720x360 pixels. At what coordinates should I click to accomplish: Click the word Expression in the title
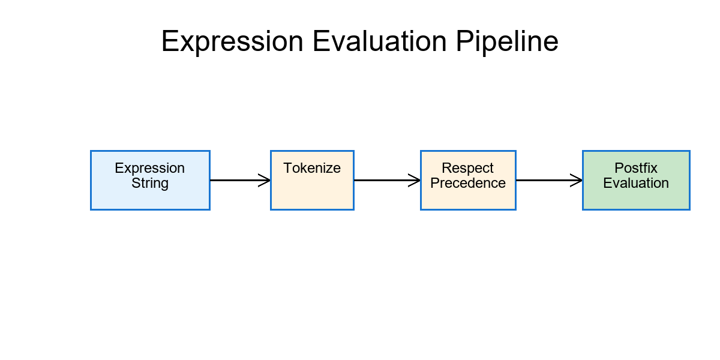(232, 42)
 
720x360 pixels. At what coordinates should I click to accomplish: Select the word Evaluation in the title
(379, 42)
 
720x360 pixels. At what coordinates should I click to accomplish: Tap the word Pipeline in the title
(507, 42)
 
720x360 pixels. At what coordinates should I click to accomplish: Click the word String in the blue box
(150, 184)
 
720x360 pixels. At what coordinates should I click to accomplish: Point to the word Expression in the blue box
(150, 169)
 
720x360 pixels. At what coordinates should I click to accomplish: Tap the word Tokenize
(312, 169)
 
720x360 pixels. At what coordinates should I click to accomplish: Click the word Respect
(468, 169)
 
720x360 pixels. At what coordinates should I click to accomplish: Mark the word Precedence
(468, 184)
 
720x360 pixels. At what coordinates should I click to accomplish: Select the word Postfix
(636, 169)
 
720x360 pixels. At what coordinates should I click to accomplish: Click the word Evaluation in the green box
(636, 184)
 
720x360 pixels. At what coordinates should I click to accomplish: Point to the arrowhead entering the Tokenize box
(265, 180)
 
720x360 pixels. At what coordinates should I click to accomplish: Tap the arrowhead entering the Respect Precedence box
(415, 180)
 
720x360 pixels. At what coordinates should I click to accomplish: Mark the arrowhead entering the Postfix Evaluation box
(577, 180)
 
